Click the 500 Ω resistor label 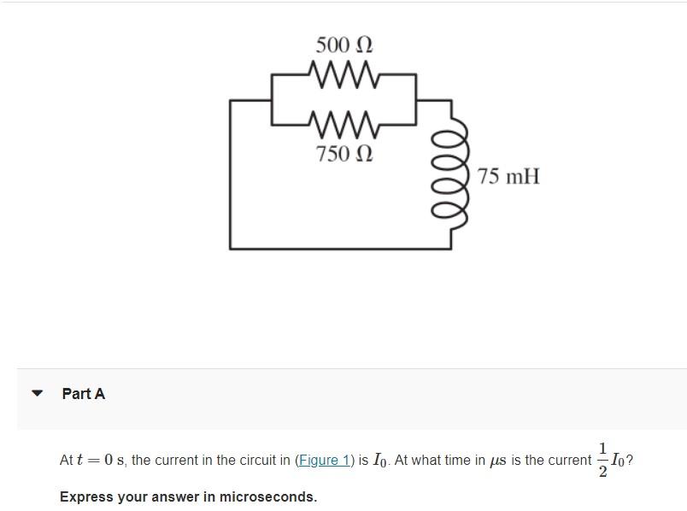point(343,44)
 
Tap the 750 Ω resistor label point(343,154)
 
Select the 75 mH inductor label point(509,177)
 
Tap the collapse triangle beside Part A point(37,394)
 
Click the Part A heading point(83,394)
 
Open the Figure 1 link point(323,461)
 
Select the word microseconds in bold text point(267,496)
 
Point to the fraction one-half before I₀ point(603,461)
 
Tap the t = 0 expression point(94,461)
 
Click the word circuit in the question point(258,461)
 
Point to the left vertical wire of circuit point(230,175)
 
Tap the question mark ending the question point(630,461)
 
